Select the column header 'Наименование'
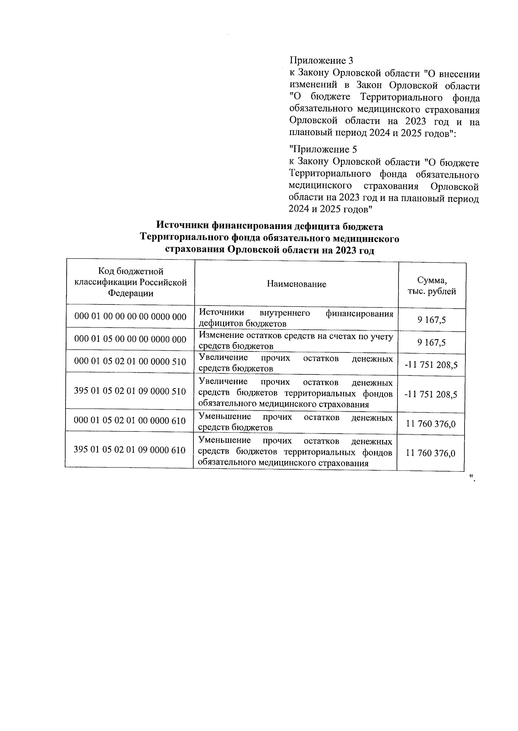coord(296,284)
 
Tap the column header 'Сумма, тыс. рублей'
coord(432,286)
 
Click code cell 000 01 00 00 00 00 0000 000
coord(130,317)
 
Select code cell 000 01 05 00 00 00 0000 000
coord(130,339)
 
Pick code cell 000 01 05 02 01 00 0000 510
coord(130,362)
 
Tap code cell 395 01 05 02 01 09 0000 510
coord(130,391)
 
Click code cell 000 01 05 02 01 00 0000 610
coord(130,420)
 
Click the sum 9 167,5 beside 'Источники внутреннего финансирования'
coord(432,320)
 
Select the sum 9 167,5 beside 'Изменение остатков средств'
coord(432,343)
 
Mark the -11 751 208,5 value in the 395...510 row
coord(431,394)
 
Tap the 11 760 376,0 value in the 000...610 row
coord(431,424)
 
